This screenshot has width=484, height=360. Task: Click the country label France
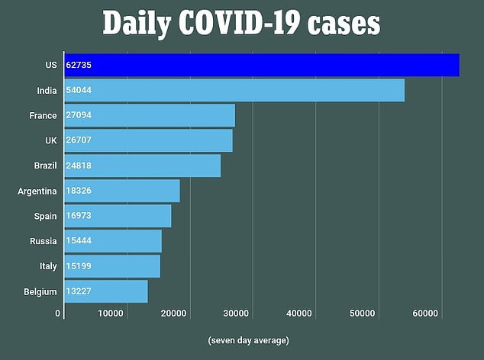point(43,116)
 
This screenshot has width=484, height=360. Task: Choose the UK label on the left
point(50,140)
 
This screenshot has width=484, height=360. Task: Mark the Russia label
point(43,241)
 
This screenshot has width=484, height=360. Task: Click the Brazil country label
point(44,166)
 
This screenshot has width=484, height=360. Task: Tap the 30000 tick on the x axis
point(237,313)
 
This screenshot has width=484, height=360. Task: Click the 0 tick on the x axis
point(57,313)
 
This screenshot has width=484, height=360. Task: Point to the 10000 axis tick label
point(111,313)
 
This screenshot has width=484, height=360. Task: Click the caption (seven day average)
point(248,340)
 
